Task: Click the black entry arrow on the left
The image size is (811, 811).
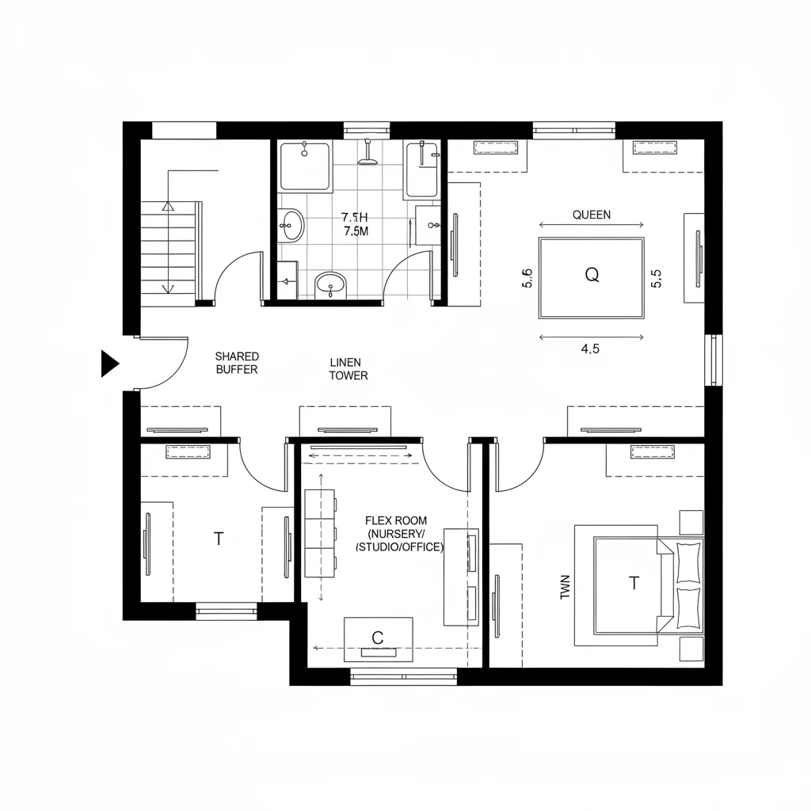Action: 109,364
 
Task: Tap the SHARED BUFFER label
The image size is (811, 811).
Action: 237,364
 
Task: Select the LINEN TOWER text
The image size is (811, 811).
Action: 348,369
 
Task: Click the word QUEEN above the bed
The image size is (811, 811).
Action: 591,215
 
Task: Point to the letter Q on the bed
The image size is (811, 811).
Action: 592,275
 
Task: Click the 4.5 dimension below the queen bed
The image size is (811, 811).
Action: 590,349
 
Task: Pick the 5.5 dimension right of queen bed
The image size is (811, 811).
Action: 655,278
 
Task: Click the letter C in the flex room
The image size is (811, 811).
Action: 377,637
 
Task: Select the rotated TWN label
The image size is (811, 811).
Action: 565,587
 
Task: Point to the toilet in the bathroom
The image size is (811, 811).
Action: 330,284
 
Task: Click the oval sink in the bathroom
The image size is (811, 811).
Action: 291,225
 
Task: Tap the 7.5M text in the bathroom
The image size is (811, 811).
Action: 355,231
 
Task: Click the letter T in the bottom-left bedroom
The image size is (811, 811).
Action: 219,539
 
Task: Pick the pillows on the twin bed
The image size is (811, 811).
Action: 687,586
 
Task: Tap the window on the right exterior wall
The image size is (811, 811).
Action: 714,360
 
